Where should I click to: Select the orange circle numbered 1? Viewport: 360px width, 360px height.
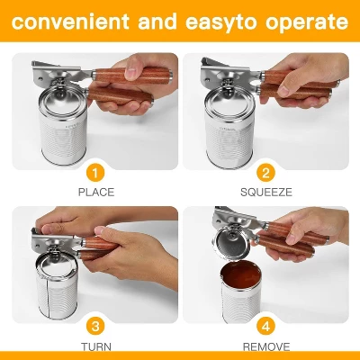click(95, 173)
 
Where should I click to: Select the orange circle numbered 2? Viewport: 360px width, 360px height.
click(265, 173)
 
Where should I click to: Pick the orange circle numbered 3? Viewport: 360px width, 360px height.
click(95, 325)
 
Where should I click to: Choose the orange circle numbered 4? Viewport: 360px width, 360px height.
click(265, 325)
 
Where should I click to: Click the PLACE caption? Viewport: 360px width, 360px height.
click(95, 192)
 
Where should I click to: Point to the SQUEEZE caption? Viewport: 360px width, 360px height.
click(265, 192)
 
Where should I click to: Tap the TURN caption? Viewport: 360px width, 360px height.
click(95, 345)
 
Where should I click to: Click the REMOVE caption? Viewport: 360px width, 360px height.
click(265, 345)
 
